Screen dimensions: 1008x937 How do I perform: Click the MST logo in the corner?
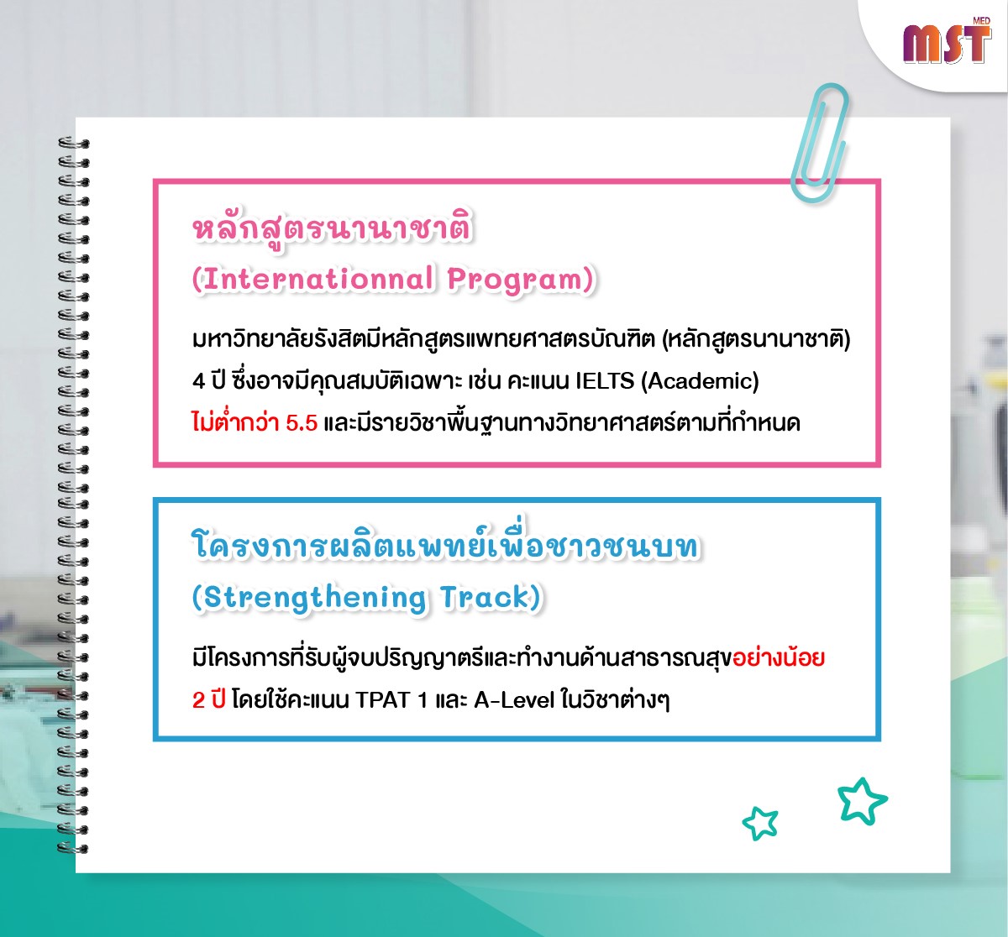coord(947,43)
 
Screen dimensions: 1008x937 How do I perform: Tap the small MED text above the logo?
coord(982,21)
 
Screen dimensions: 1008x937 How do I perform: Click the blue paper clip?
coord(818,143)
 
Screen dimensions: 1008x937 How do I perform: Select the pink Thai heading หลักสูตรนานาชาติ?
coord(333,228)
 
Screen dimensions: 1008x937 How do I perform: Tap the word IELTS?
coord(605,380)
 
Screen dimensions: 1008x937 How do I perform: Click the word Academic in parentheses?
coord(700,381)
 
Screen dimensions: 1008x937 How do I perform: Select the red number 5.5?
coord(302,422)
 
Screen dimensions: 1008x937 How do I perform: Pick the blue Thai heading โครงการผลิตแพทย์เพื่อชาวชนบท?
coord(446,543)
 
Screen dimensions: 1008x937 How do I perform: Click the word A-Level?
coord(513,700)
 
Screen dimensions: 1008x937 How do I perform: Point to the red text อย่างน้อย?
coord(779,658)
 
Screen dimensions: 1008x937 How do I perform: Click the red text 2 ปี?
coord(208,700)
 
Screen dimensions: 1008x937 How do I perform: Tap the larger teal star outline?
coord(862,801)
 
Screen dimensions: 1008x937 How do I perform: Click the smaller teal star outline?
coord(760,823)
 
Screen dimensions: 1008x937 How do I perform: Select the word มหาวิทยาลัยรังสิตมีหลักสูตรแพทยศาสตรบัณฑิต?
coord(424,339)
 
